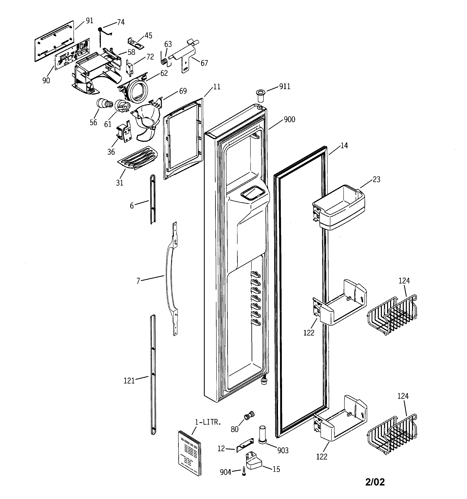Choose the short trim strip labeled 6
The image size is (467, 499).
coord(153,200)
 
